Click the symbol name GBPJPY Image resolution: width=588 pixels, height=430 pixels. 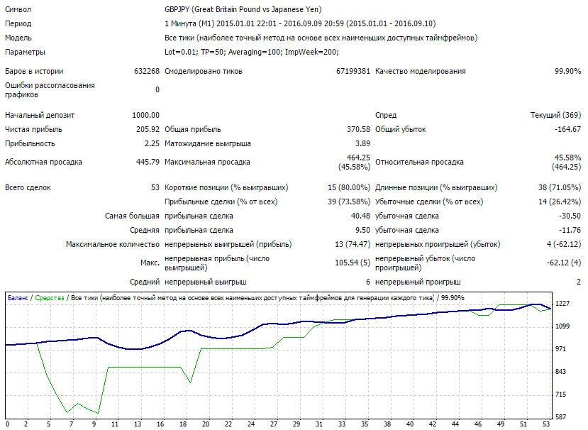177,9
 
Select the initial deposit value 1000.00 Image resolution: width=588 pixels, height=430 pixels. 145,115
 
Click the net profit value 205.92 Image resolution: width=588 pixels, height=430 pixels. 148,129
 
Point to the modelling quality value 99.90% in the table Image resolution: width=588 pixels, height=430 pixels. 567,71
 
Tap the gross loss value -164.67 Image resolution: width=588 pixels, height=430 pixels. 567,129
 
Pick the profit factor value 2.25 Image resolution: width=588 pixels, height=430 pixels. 152,144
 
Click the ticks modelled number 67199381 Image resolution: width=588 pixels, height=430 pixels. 353,71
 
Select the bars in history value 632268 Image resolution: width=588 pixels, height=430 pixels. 147,71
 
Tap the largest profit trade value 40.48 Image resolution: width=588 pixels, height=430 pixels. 360,216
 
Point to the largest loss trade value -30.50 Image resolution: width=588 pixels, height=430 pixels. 570,216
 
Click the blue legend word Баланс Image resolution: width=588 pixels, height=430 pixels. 18,298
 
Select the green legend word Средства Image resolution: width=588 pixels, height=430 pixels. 50,298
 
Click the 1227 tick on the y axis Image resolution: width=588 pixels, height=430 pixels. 562,304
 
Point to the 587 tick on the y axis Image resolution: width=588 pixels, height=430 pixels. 560,417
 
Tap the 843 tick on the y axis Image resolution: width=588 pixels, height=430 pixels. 560,372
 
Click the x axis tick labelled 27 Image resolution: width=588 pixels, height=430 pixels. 274,424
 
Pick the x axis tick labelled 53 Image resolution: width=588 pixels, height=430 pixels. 546,424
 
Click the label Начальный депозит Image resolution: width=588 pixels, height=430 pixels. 40,115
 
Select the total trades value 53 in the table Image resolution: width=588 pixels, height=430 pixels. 155,187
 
